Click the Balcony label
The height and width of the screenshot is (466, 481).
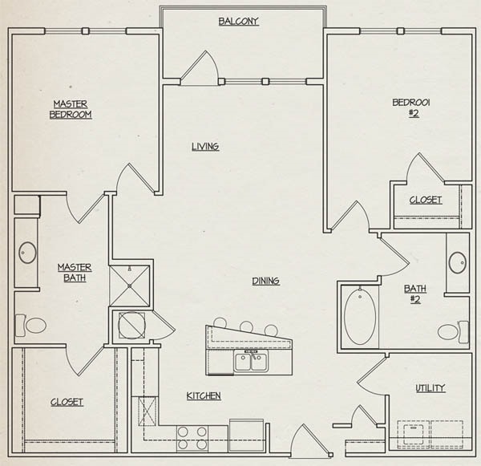point(239,21)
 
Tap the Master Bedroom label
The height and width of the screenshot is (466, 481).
point(71,109)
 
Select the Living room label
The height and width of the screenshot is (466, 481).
point(205,147)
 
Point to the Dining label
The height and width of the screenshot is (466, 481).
point(265,281)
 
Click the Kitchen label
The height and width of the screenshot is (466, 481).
point(204,396)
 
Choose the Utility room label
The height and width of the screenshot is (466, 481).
point(430,388)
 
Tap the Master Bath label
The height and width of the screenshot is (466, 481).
point(75,273)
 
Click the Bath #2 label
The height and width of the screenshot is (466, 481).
point(414,294)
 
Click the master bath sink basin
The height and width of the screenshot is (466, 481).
point(27,253)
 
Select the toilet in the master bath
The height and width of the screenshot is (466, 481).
point(31,325)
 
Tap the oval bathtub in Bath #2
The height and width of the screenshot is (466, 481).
point(359,317)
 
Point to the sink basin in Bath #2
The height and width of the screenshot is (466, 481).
point(458,263)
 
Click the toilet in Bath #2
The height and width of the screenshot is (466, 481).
point(453,332)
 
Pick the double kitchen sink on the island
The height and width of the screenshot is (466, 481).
point(252,363)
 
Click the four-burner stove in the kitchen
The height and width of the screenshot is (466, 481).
point(192,439)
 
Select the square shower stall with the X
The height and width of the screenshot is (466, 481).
point(129,286)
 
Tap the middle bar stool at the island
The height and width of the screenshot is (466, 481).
point(246,326)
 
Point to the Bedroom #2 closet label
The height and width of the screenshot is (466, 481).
point(426,201)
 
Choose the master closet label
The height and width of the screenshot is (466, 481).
point(67,402)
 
